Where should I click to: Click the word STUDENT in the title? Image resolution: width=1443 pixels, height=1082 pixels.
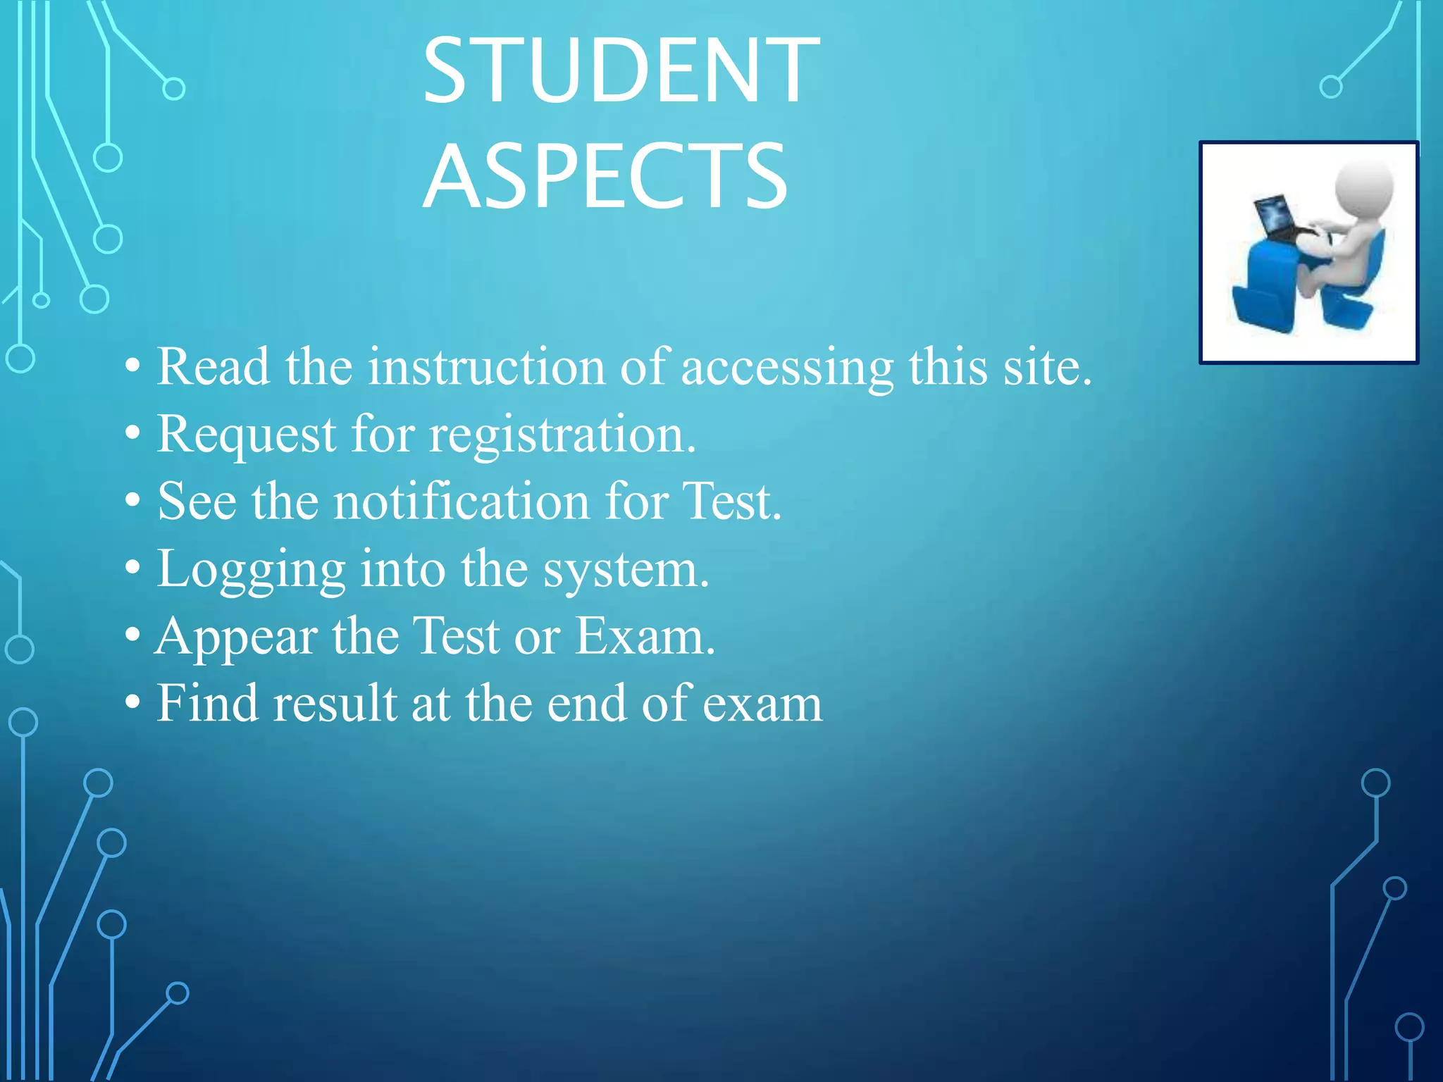click(621, 70)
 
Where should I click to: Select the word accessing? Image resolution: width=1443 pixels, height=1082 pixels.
click(787, 368)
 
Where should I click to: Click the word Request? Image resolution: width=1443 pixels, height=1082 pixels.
click(246, 435)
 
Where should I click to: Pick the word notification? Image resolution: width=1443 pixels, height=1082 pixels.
click(462, 502)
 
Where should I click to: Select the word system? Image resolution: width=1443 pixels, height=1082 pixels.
click(626, 569)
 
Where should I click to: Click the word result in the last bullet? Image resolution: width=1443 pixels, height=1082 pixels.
click(335, 703)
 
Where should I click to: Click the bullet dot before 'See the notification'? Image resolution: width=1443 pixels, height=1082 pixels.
click(132, 502)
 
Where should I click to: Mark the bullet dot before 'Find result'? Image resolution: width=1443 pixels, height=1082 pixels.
click(132, 703)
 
